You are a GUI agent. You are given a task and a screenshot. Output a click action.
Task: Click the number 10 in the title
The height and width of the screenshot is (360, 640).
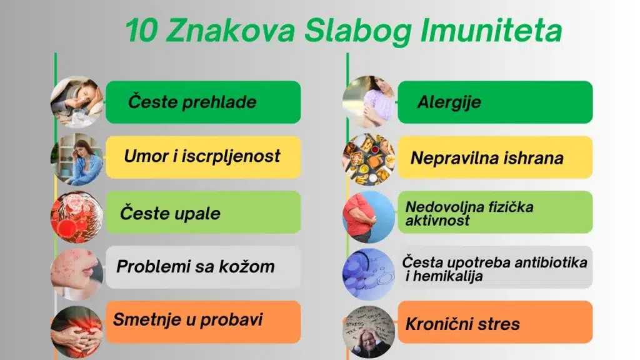[141, 31]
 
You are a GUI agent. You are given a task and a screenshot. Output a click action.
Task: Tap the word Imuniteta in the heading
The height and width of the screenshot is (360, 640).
[491, 31]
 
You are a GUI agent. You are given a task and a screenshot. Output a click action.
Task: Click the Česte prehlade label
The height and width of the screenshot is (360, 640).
[192, 102]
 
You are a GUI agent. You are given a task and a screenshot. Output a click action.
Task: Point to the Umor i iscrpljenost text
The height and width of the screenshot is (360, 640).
[202, 156]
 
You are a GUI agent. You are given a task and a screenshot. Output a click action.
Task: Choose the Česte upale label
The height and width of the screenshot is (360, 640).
[170, 214]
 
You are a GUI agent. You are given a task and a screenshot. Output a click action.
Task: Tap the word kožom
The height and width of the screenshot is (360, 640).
[246, 266]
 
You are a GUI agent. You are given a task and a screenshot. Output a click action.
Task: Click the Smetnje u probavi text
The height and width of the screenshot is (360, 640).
[187, 319]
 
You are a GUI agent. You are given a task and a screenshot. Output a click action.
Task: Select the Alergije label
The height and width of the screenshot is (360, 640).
[449, 102]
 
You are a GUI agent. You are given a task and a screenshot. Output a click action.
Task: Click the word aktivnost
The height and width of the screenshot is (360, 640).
[437, 221]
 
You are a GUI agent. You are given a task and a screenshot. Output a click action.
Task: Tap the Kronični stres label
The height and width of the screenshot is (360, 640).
[462, 324]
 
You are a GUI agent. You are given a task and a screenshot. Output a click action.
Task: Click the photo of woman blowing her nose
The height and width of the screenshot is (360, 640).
[77, 102]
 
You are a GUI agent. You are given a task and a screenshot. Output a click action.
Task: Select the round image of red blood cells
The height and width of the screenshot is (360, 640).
[77, 217]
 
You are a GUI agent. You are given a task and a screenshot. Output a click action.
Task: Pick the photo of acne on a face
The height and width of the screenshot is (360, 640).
[77, 274]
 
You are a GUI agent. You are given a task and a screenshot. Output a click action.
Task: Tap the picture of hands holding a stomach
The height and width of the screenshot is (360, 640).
[77, 332]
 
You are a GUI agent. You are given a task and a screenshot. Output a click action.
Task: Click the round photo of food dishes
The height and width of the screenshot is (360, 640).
[369, 159]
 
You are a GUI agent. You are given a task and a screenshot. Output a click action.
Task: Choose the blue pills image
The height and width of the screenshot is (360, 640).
[369, 274]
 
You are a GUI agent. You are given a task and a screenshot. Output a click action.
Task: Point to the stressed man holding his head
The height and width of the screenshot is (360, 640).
[369, 332]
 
